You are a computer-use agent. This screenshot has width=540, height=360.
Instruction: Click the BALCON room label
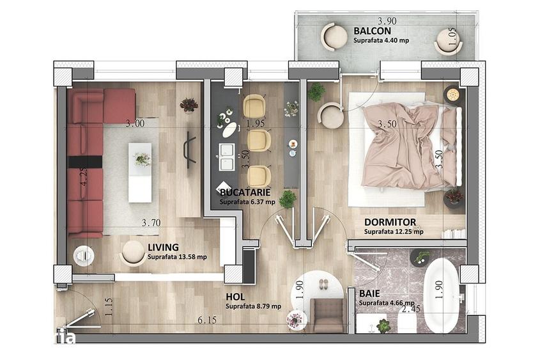pyautogui.click(x=373, y=31)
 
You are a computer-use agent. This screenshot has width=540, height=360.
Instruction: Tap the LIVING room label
pyautogui.click(x=163, y=247)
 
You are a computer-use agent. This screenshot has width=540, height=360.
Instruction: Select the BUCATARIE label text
pyautogui.click(x=245, y=192)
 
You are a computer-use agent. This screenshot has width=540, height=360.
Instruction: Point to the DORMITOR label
pyautogui.click(x=390, y=222)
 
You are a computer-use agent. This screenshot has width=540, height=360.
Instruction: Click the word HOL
pyautogui.click(x=235, y=297)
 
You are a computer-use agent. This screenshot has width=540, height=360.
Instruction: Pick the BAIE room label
pyautogui.click(x=369, y=293)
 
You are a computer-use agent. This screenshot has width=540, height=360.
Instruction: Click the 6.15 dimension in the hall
pyautogui.click(x=207, y=320)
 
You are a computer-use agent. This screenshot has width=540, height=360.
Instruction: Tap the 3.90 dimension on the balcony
pyautogui.click(x=387, y=21)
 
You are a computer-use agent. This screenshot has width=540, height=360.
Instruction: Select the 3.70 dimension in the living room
pyautogui.click(x=151, y=223)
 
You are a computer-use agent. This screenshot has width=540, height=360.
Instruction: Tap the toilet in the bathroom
pyautogui.click(x=406, y=322)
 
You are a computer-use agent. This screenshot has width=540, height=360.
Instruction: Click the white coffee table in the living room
pyautogui.click(x=140, y=173)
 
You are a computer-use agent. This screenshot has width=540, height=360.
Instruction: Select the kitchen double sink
pyautogui.click(x=227, y=157)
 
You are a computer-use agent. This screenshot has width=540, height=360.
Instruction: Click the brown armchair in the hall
pyautogui.click(x=327, y=315)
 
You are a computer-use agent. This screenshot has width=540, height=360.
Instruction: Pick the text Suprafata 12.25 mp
pyautogui.click(x=394, y=232)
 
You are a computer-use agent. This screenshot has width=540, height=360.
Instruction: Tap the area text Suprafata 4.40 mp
pyautogui.click(x=382, y=40)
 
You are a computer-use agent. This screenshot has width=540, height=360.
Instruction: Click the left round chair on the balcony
pyautogui.click(x=334, y=36)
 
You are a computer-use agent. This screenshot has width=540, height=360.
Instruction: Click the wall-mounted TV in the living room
pyautogui.click(x=190, y=150)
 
